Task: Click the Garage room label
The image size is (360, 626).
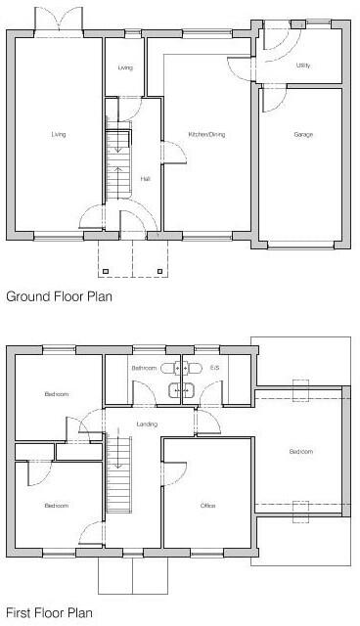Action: tap(303, 134)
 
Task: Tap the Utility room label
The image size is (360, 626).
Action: tap(303, 66)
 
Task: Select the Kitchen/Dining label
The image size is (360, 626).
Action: tap(207, 134)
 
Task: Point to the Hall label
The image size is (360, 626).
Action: tap(146, 178)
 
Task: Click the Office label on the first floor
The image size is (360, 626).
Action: tap(207, 506)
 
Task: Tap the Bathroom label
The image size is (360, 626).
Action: tap(145, 368)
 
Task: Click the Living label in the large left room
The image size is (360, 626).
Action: tap(59, 134)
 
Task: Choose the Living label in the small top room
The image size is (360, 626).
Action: tap(125, 67)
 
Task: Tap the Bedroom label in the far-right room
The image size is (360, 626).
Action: tap(301, 452)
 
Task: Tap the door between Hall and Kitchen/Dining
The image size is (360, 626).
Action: tap(168, 152)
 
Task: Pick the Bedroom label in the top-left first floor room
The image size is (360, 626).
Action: tap(56, 394)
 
